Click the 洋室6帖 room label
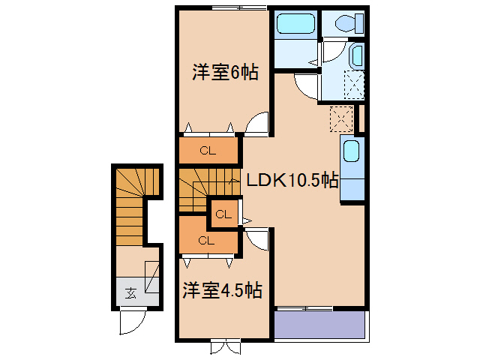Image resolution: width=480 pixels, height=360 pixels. pyautogui.click(x=225, y=73)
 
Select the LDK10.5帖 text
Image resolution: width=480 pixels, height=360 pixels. pyautogui.click(x=292, y=180)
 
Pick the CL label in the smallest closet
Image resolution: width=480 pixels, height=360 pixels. pyautogui.click(x=223, y=214)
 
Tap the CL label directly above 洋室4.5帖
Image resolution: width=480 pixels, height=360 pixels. pyautogui.click(x=207, y=241)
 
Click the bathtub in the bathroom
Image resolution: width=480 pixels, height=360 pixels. pyautogui.click(x=295, y=26)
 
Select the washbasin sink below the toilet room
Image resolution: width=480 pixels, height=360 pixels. pyautogui.click(x=356, y=55)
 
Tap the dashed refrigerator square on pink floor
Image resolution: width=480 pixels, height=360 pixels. pyautogui.click(x=342, y=118)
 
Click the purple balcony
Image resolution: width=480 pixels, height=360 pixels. pyautogui.click(x=319, y=325)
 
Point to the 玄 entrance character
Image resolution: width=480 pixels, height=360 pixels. pyautogui.click(x=130, y=292)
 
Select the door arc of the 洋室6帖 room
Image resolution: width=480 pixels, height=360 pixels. pyautogui.click(x=257, y=123)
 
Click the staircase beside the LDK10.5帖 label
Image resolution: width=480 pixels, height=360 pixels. pyautogui.click(x=207, y=185)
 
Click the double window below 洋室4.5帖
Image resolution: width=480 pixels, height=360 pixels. pyautogui.click(x=225, y=346)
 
